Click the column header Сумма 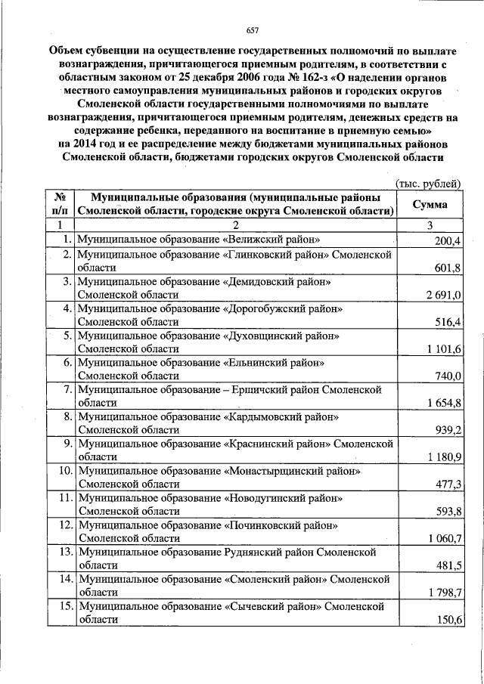pos(429,205)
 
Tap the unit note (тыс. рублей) pos(428,184)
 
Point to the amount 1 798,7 pos(444,593)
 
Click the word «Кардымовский pos(265,416)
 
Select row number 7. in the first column pos(67,390)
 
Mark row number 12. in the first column pos(64,525)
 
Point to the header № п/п pos(58,205)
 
